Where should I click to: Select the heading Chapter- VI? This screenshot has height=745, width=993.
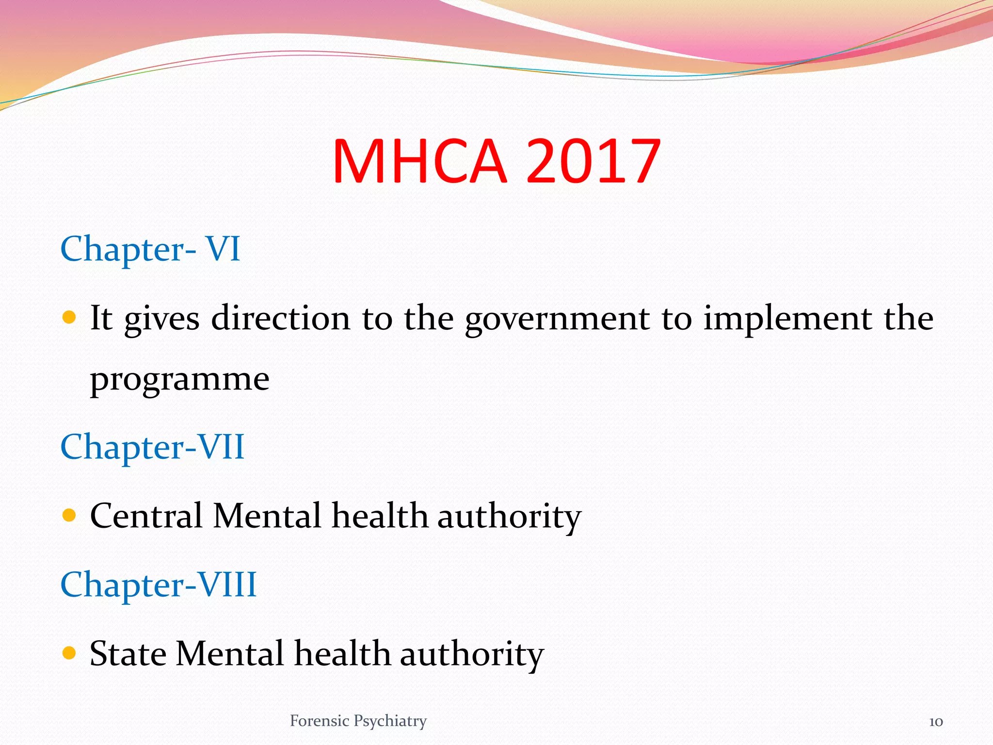(150, 249)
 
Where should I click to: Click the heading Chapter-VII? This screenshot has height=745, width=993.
(152, 447)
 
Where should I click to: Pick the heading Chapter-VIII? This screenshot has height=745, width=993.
(159, 584)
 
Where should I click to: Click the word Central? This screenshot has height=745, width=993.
(146, 515)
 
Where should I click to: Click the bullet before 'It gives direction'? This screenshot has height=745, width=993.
(69, 318)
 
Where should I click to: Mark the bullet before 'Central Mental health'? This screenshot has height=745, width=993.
(69, 515)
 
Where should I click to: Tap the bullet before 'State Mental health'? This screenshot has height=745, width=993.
(69, 653)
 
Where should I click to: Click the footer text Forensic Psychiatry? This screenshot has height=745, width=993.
(358, 721)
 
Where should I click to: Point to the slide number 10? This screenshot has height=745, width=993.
(936, 722)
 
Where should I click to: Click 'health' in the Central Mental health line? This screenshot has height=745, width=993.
(380, 515)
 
